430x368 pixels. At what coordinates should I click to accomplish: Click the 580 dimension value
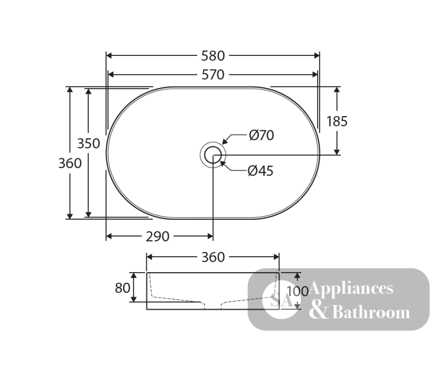[x=213, y=56]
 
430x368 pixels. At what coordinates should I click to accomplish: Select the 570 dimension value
[x=213, y=75]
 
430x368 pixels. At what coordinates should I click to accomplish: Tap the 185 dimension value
[x=337, y=121]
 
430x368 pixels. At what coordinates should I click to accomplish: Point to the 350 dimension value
[x=89, y=144]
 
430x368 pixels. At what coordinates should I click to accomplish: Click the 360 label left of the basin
[x=70, y=163]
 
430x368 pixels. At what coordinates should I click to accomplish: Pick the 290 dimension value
[x=157, y=236]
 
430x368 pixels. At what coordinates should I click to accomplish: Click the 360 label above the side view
[x=213, y=257]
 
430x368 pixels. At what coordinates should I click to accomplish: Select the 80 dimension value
[x=122, y=288]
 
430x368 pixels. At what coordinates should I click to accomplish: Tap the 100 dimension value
[x=298, y=291]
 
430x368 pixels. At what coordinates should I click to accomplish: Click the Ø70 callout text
[x=261, y=135]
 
